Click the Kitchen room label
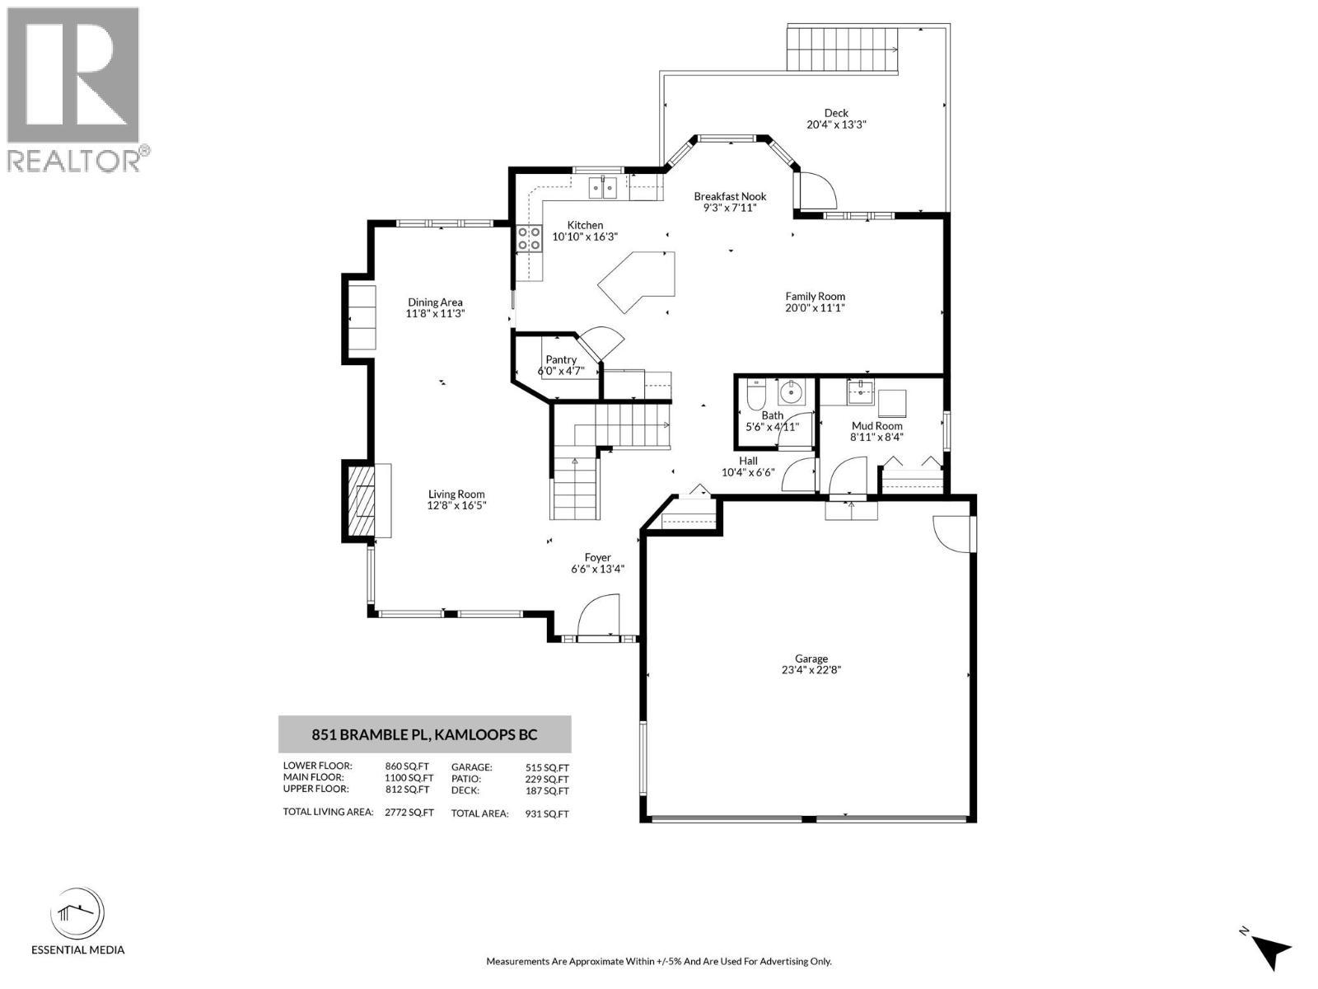[585, 225]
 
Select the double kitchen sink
[602, 188]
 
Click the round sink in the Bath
[792, 393]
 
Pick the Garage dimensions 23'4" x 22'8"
[811, 669]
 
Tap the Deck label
[836, 113]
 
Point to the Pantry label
[561, 359]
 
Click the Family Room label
[815, 296]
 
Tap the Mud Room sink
[861, 391]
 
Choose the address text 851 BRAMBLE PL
[371, 734]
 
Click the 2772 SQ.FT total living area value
[409, 813]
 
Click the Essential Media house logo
[77, 915]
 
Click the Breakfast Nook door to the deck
[816, 191]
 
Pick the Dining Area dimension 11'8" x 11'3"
[435, 313]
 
